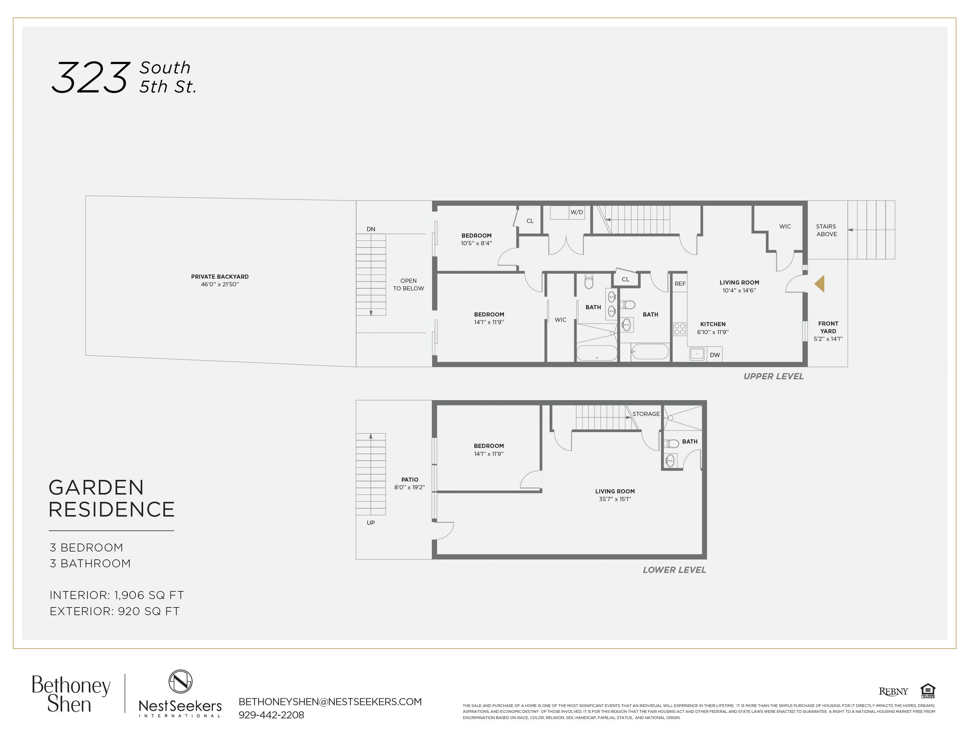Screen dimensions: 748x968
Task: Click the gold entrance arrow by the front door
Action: [820, 284]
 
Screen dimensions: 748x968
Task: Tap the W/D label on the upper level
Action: [577, 212]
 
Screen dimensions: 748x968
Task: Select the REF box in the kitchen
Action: [680, 284]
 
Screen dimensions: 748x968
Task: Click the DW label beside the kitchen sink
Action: [715, 355]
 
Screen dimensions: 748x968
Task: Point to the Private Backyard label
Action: [220, 277]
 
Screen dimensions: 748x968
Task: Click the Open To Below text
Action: [408, 285]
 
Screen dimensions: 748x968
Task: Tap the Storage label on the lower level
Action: [646, 414]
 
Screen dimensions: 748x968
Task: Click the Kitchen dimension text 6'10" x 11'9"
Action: [713, 332]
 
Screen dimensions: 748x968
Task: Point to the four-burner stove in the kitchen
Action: [679, 329]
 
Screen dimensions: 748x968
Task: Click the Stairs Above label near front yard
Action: [827, 230]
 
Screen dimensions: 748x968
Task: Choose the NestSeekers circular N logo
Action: [180, 681]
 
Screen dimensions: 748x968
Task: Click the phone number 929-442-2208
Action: [271, 715]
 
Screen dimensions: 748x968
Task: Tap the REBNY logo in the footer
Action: [893, 691]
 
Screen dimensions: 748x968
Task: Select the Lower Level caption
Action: [674, 570]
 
